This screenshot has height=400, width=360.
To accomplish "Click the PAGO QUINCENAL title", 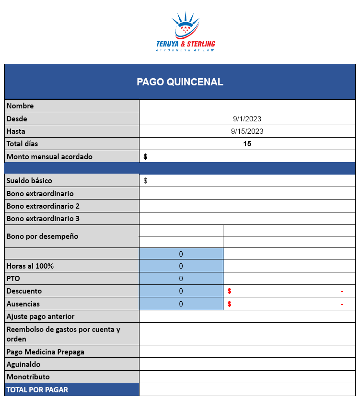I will click(180, 82).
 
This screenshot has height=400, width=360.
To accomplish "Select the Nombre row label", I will click(20, 106).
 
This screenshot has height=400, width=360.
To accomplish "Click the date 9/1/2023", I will click(247, 119).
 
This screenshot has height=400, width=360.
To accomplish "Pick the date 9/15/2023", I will click(247, 131).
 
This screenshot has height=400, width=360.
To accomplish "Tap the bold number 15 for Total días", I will click(247, 144).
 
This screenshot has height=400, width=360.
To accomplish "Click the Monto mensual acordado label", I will click(49, 156).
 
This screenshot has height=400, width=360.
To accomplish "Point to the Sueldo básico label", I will click(29, 181).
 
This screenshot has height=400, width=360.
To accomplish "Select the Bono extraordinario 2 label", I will click(43, 206).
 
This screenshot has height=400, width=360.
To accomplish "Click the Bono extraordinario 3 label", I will click(43, 219).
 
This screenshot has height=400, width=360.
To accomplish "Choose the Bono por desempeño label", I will click(42, 236).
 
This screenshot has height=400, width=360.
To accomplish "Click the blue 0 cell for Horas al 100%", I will click(181, 266).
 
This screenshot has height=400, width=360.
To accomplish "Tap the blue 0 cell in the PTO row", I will click(181, 279).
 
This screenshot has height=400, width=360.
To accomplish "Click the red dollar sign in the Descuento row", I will click(230, 291).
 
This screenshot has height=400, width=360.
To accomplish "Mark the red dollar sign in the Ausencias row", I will click(230, 304).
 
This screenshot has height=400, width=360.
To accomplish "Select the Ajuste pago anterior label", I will click(41, 317).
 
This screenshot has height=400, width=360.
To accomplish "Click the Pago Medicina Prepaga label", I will click(46, 352).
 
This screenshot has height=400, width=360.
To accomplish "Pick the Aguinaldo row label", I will click(23, 365).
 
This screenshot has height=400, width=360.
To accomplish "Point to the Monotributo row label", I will click(28, 377).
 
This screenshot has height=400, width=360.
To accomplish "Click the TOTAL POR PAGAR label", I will click(37, 389).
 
